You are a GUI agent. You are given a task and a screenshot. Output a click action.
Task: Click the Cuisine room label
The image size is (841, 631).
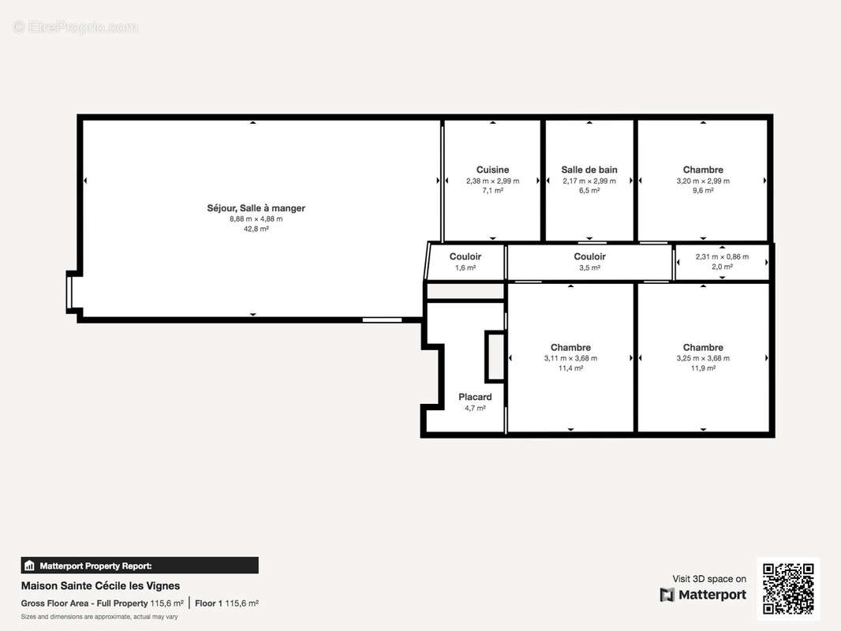[492, 170]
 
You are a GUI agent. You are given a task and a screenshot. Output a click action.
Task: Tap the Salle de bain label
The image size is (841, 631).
[589, 170]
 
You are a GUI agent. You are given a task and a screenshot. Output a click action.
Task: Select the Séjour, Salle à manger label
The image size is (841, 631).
[256, 208]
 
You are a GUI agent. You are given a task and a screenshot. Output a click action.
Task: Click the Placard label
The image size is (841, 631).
[475, 397]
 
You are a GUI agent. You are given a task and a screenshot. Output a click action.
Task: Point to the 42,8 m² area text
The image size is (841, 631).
[256, 229]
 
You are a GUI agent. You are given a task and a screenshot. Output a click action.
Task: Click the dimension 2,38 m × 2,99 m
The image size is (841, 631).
[492, 181]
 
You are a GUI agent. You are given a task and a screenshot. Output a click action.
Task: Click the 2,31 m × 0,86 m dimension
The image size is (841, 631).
[722, 257]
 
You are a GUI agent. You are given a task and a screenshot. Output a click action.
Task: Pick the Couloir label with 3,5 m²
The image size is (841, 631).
[589, 257]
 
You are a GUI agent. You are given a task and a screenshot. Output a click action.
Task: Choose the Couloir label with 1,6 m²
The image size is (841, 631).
[465, 257]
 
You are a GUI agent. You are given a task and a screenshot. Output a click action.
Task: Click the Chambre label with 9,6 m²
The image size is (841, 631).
[703, 170]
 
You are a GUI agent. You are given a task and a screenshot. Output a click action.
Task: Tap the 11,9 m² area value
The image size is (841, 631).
[703, 368]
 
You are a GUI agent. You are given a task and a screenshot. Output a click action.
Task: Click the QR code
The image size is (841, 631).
[788, 588]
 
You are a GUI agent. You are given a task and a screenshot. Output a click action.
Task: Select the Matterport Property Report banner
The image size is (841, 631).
[140, 566]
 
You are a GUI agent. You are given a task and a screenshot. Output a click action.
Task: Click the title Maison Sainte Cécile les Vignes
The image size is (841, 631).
[100, 586]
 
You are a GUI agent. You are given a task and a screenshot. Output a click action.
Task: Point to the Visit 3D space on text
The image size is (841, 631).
[709, 579]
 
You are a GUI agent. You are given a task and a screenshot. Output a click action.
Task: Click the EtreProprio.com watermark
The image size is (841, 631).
[76, 27]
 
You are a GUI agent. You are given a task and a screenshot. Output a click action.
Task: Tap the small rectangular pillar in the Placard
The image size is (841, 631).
[495, 357]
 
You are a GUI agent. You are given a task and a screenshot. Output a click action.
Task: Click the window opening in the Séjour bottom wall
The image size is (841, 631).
[382, 320]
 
